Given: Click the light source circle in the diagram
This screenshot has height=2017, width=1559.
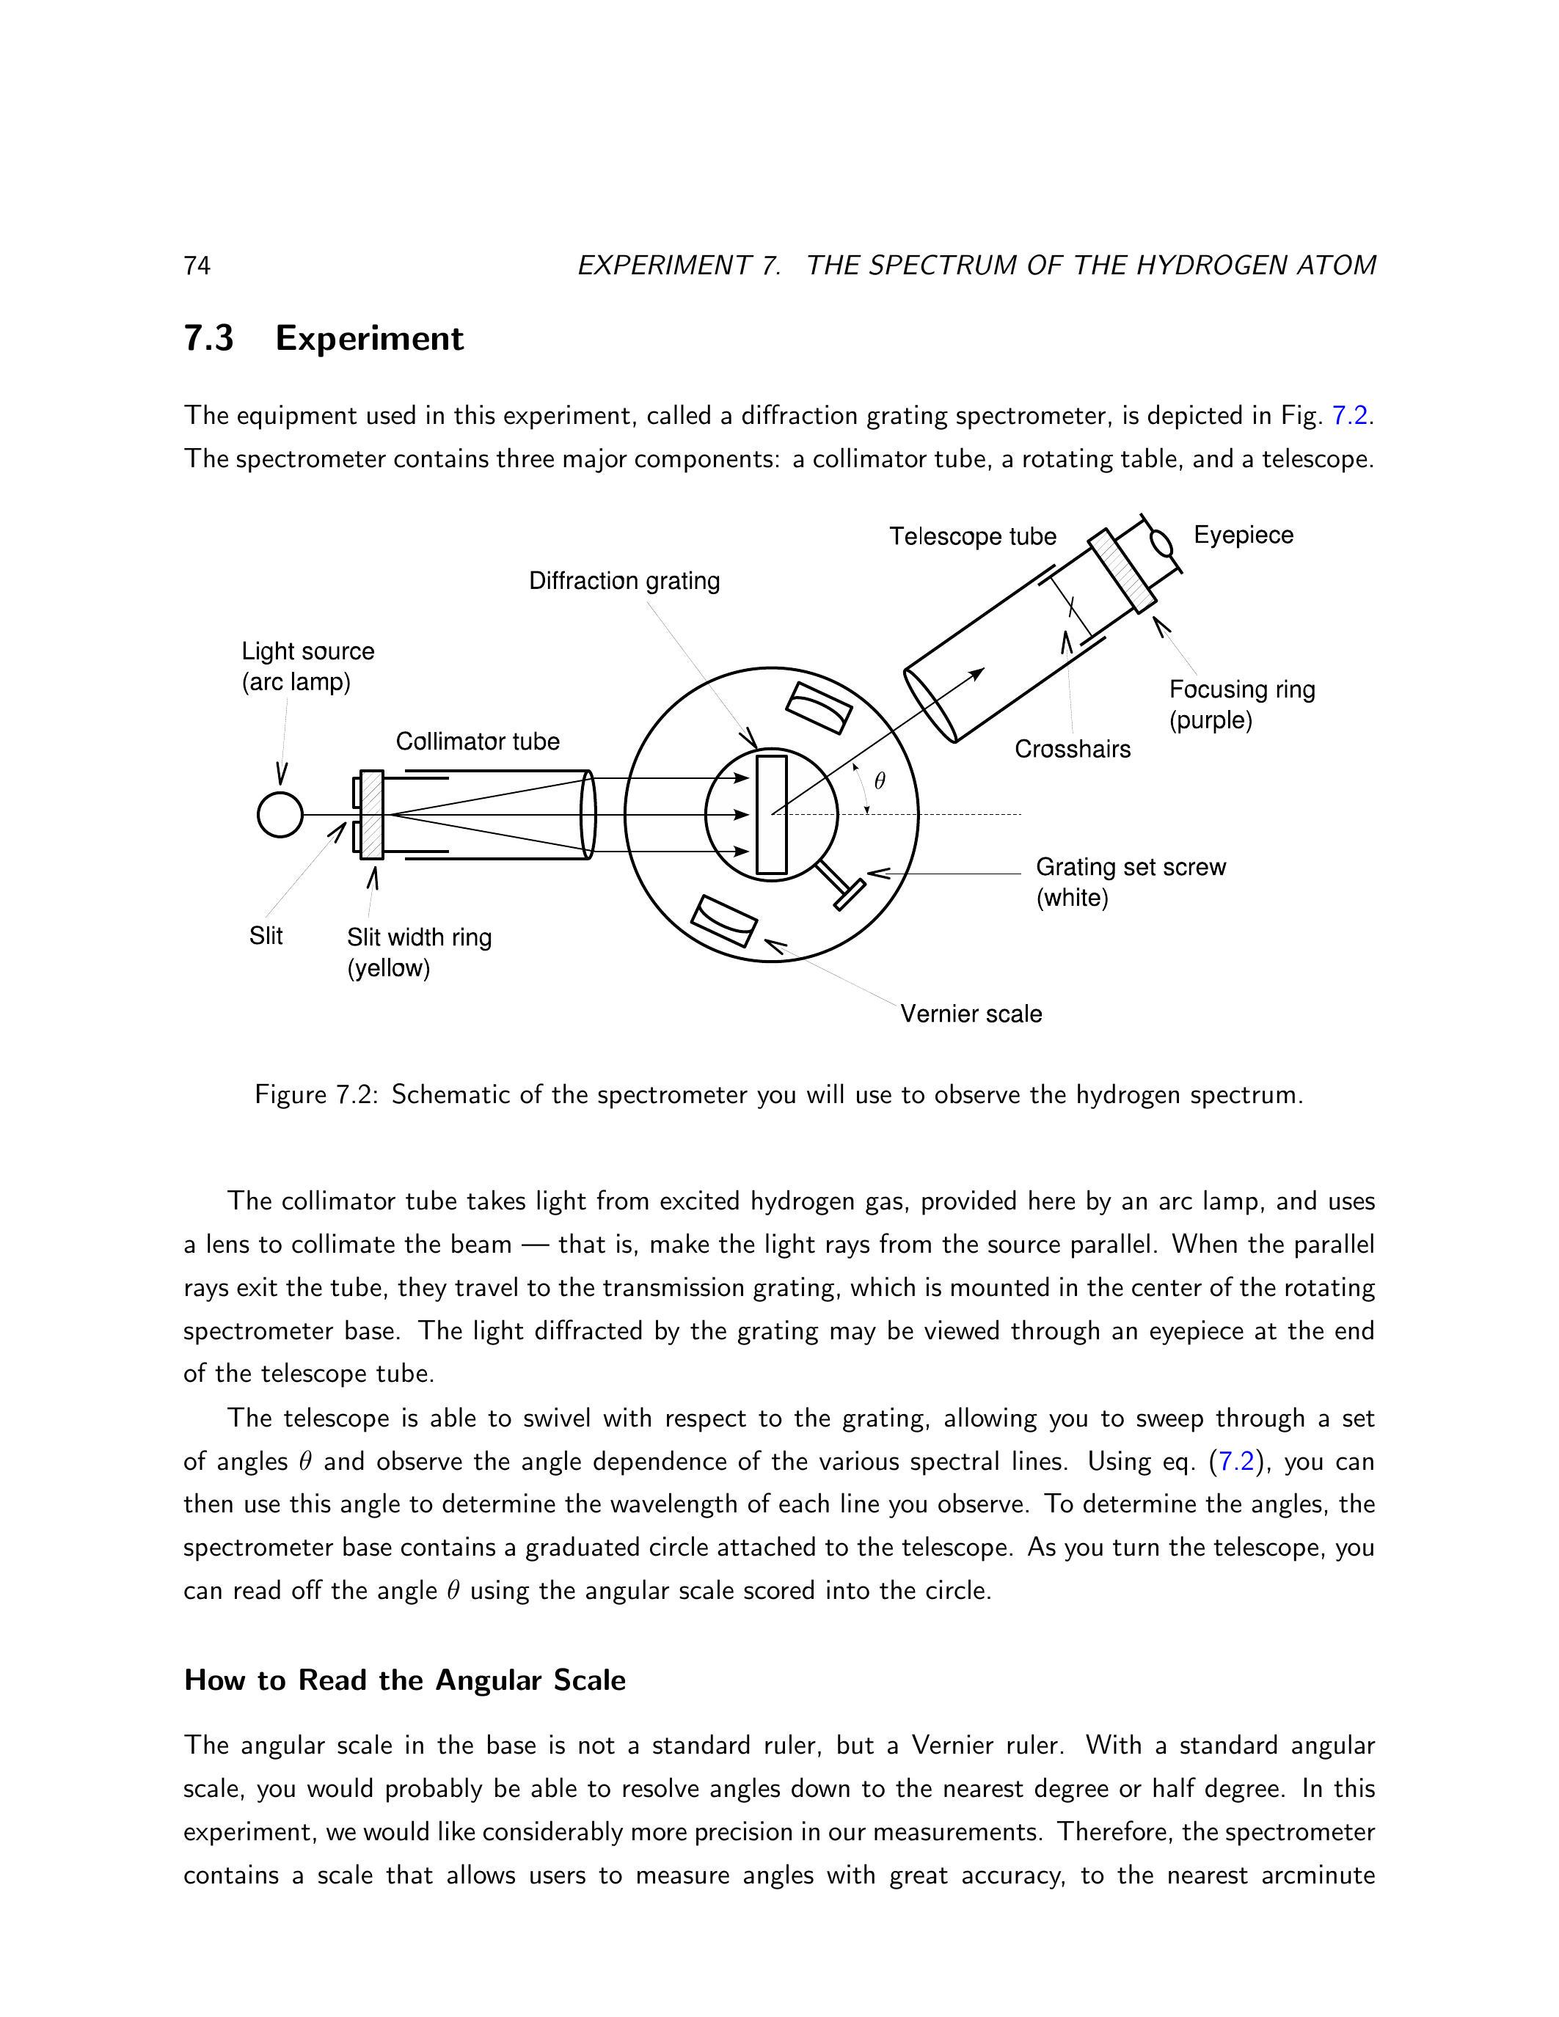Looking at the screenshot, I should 280,815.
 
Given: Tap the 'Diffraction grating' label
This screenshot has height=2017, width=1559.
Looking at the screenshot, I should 624,581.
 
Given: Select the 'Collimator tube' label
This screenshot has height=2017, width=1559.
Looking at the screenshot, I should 478,742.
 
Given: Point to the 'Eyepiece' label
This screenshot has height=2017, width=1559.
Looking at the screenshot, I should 1243,535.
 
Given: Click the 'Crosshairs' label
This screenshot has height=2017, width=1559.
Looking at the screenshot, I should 1073,749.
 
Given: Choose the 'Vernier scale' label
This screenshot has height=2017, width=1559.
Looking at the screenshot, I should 971,1014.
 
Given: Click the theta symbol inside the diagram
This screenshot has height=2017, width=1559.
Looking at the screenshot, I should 879,781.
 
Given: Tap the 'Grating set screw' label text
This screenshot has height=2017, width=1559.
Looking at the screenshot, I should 1131,867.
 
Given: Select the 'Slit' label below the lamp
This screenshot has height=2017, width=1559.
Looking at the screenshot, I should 266,937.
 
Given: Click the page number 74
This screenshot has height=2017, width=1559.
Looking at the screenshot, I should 197,266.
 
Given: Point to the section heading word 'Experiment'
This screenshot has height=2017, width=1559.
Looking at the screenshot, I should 370,339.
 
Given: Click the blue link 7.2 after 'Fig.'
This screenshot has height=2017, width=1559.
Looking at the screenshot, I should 1349,416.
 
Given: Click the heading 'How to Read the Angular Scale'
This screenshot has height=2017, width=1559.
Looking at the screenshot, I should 404,1680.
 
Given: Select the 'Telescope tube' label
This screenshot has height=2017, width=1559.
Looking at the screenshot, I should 973,537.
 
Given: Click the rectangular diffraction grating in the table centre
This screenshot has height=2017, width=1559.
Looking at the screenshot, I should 771,815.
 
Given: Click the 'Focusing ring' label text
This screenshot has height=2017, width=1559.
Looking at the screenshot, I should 1242,690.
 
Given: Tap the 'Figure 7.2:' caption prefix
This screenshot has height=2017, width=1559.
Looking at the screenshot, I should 317,1095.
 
